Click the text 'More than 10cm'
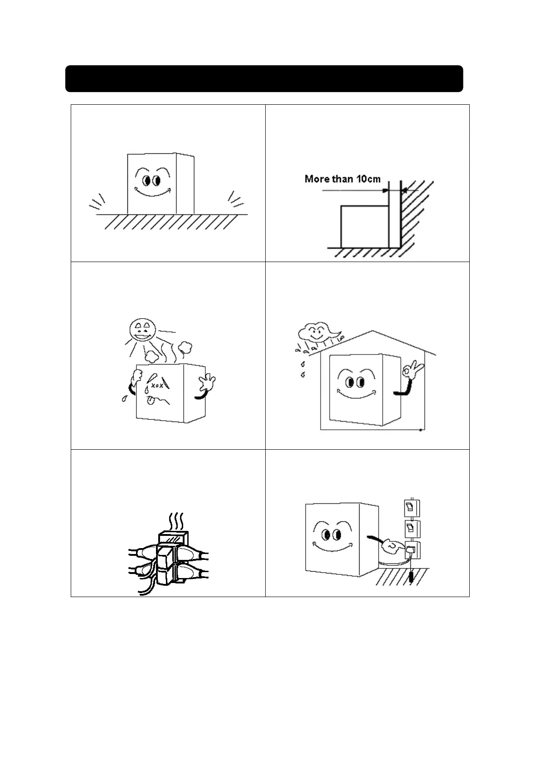(342, 179)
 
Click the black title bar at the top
(264, 78)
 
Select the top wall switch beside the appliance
(411, 507)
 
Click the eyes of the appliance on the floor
(151, 180)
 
